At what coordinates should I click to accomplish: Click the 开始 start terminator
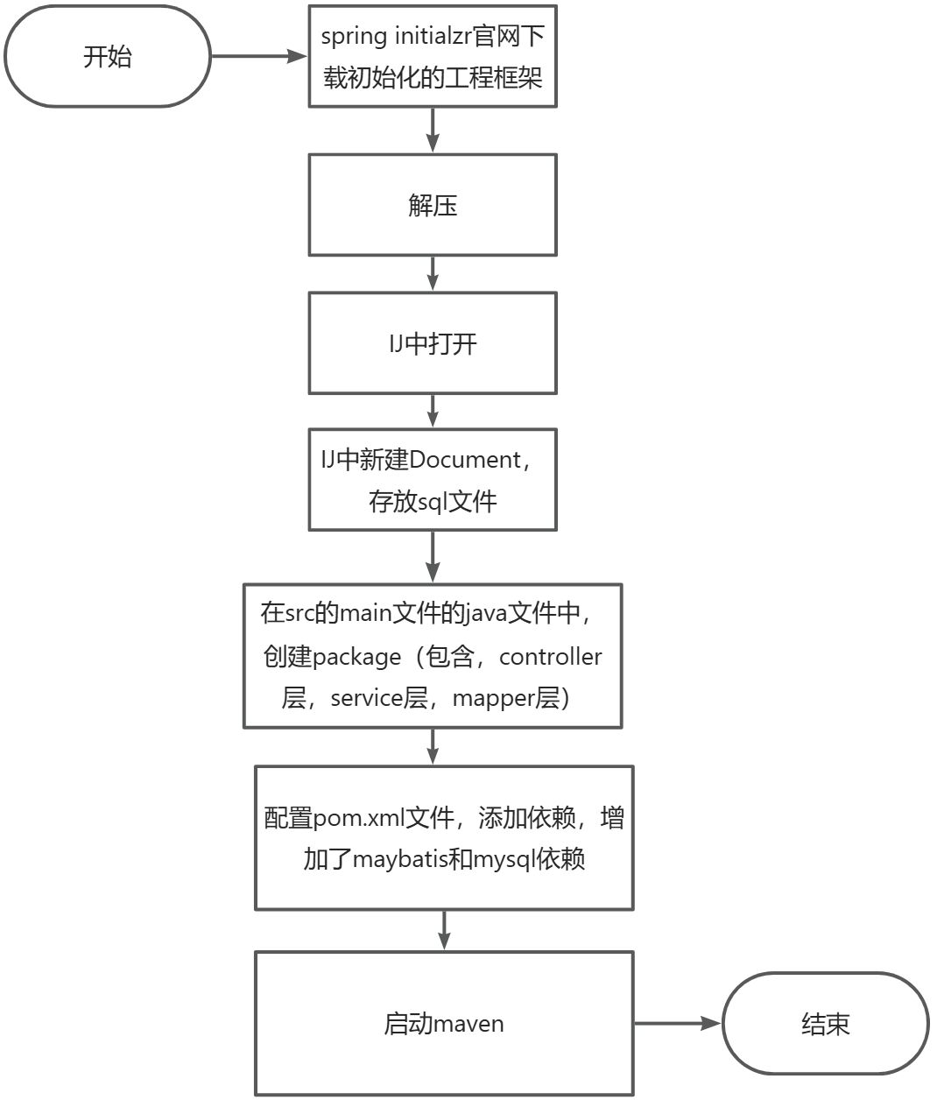[107, 57]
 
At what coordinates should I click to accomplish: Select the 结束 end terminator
[825, 1024]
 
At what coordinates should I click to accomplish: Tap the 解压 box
[433, 206]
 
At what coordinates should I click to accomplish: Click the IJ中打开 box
[433, 343]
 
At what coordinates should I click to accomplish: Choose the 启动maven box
[444, 1024]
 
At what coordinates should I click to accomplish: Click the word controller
[551, 657]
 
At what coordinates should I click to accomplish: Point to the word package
[356, 658]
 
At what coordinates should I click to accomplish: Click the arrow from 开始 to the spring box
[259, 57]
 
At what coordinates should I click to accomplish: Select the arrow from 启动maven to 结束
[678, 1023]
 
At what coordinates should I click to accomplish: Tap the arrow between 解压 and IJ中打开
[433, 274]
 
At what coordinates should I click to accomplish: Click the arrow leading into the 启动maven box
[444, 931]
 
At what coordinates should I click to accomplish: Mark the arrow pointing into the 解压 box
[433, 131]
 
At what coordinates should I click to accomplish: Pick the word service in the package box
[366, 698]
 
